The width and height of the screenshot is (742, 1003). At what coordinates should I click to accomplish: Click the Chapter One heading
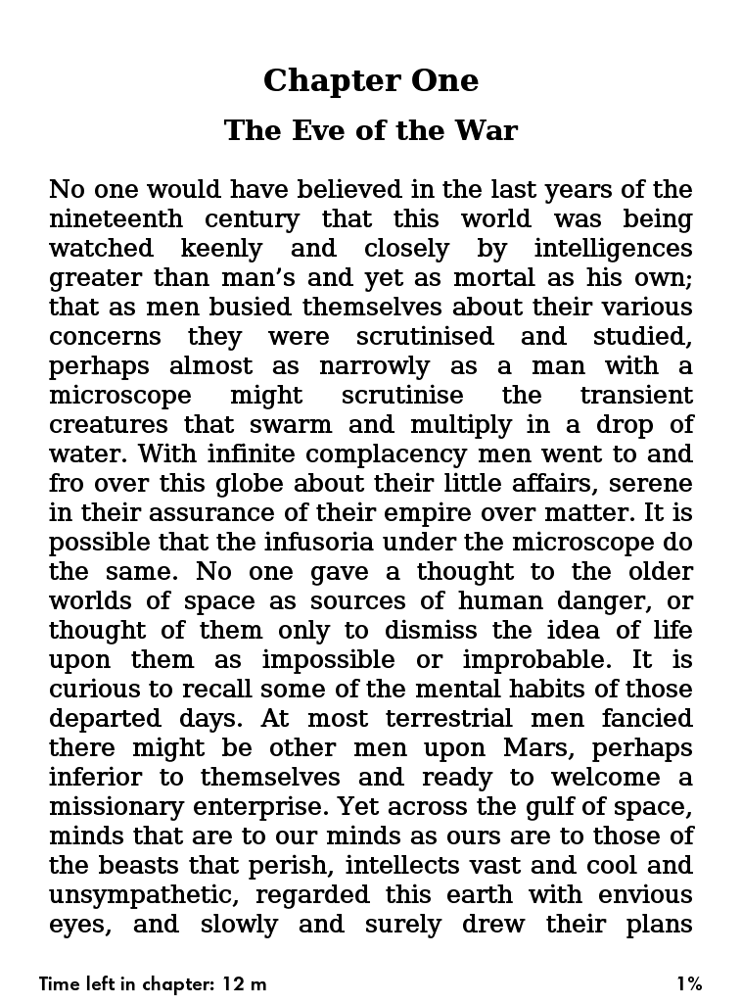click(x=370, y=80)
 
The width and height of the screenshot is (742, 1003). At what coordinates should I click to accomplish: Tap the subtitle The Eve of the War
click(x=370, y=130)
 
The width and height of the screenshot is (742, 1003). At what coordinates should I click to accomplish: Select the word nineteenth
click(x=114, y=218)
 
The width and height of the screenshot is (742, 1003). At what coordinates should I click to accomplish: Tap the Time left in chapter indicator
click(x=153, y=983)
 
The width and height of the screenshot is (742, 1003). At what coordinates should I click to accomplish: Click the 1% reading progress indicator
click(x=688, y=983)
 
